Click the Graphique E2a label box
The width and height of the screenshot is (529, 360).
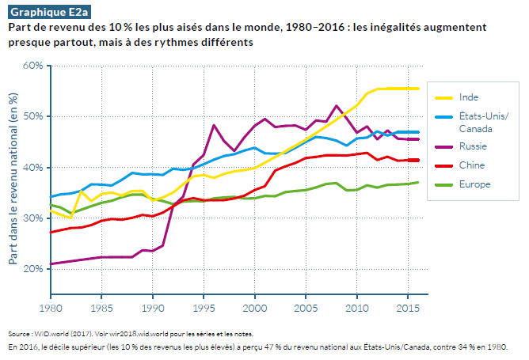[x=43, y=12]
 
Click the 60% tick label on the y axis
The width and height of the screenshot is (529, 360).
[x=32, y=66]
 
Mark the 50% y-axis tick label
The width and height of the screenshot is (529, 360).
[x=32, y=116]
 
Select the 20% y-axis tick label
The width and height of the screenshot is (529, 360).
[x=32, y=269]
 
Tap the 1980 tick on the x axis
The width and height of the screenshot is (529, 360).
[x=51, y=306]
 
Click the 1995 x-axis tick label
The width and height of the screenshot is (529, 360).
[x=204, y=306]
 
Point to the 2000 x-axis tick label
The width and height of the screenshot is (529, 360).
[x=255, y=306]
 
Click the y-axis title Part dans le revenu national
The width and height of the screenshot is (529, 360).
[x=13, y=178]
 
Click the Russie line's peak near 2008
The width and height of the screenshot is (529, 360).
[x=337, y=105]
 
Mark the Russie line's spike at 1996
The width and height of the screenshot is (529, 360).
[x=214, y=125]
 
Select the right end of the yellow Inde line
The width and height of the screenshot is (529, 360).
[x=417, y=89]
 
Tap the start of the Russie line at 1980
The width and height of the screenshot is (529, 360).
[x=51, y=264]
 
